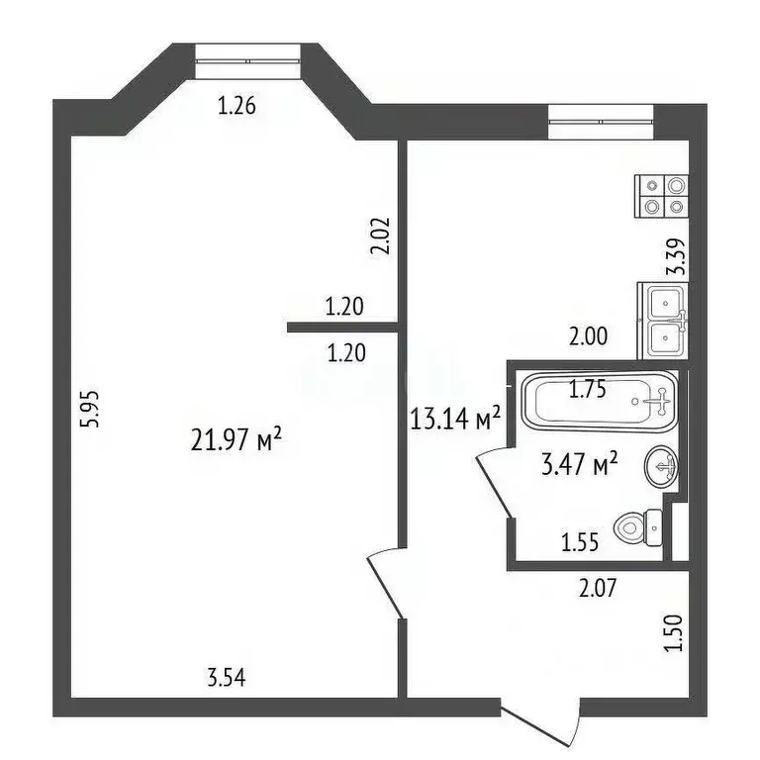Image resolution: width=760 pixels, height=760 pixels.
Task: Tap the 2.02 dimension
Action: pos(383,237)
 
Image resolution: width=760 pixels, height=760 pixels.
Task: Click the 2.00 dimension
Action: pos(588,335)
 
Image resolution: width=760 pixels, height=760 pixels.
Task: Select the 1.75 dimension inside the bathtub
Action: pos(588,390)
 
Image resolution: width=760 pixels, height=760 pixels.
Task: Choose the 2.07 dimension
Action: pos(598,589)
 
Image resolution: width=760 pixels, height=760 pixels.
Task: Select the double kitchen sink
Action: pos(663,320)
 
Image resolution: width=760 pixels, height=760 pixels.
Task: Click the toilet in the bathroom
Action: pos(637,527)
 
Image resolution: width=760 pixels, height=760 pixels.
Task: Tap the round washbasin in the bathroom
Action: pos(660,465)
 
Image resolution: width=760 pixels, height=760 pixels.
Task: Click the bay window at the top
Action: pos(247,59)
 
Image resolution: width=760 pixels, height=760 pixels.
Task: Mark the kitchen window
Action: pos(604,122)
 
